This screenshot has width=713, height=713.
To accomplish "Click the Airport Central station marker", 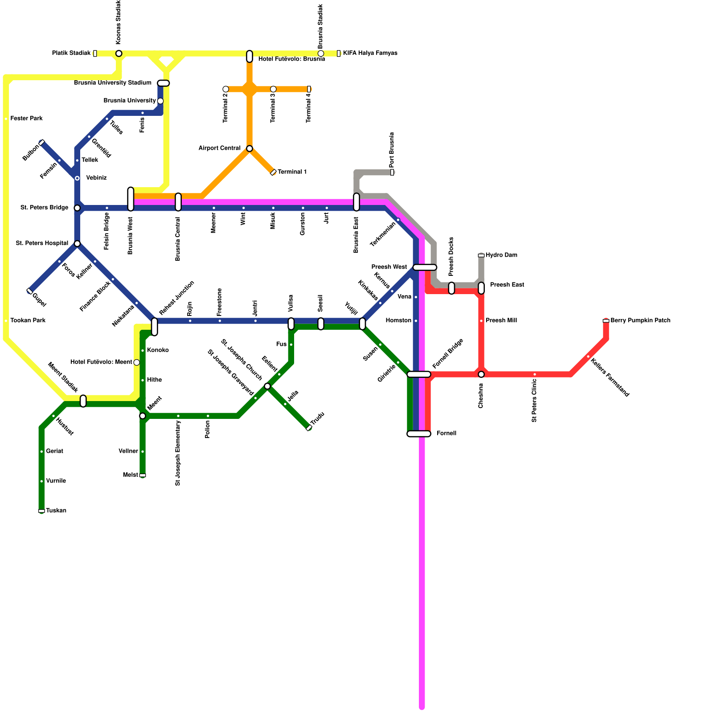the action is coord(250,148).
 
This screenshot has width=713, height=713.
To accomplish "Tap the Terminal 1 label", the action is coord(292,172).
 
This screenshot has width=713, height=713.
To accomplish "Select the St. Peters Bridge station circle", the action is coord(77,208).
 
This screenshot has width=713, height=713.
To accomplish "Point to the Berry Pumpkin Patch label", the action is coord(640,320).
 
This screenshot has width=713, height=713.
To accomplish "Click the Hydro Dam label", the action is coord(501,255).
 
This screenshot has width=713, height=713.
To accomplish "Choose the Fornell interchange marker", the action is coord(419,434).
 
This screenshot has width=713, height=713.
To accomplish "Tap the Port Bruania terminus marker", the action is coord(392,172).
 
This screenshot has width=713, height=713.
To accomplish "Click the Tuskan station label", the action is coord(56,511).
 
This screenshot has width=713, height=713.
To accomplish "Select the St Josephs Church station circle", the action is coord(267,386).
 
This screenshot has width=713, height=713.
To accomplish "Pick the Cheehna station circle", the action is coord(481,374).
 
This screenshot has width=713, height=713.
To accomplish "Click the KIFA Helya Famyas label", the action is coord(370,53).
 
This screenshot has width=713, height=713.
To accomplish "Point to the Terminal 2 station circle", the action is coord(225,89).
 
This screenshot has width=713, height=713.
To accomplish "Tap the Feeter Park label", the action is coord(27,119).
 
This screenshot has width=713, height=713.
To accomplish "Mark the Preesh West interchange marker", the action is coord(425,267).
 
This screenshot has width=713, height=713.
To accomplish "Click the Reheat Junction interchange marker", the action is coord(154,327).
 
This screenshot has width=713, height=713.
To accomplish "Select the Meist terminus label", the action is coord(131,475).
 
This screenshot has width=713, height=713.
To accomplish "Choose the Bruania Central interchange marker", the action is coord(178,202).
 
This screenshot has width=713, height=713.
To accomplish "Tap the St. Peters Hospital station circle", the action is coord(77,244).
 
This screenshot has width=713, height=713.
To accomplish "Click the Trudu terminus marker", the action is coord(309,428).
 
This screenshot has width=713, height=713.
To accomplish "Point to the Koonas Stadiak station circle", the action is coord(119,53).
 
